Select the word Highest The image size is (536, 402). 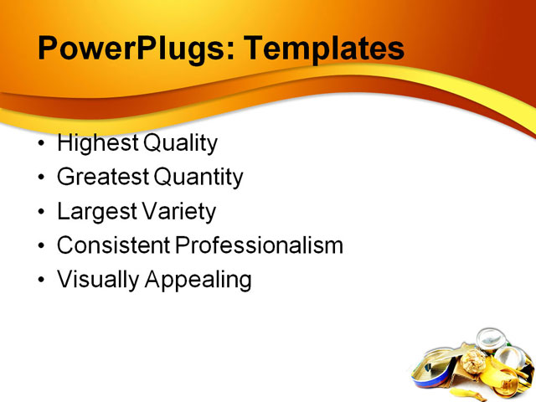pyautogui.click(x=98, y=143)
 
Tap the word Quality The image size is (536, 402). pyautogui.click(x=181, y=143)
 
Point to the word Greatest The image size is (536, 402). pyautogui.click(x=103, y=178)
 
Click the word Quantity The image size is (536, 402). pyautogui.click(x=198, y=178)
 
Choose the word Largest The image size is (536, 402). pyautogui.click(x=95, y=212)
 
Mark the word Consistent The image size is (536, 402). pyautogui.click(x=113, y=245)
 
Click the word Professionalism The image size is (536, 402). pyautogui.click(x=259, y=245)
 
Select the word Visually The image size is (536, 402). pyautogui.click(x=98, y=280)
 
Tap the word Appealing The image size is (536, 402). pyautogui.click(x=198, y=280)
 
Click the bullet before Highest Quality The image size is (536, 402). pyautogui.click(x=43, y=144)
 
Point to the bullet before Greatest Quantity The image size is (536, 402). pyautogui.click(x=43, y=178)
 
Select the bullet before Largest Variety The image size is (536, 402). pyautogui.click(x=43, y=213)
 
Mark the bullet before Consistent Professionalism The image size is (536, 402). pyautogui.click(x=43, y=246)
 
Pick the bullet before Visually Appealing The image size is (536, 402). pyautogui.click(x=43, y=281)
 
